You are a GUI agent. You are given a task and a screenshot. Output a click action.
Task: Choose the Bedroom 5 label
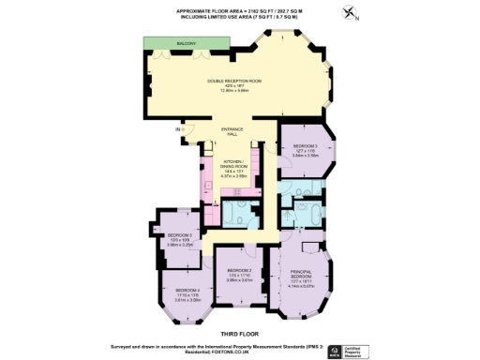(x=179, y=234)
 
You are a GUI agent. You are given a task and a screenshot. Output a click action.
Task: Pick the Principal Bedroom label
(x=300, y=276)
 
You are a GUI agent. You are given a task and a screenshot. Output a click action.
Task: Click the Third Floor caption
(x=239, y=333)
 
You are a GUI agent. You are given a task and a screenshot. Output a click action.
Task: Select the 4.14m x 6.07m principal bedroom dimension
(x=300, y=285)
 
